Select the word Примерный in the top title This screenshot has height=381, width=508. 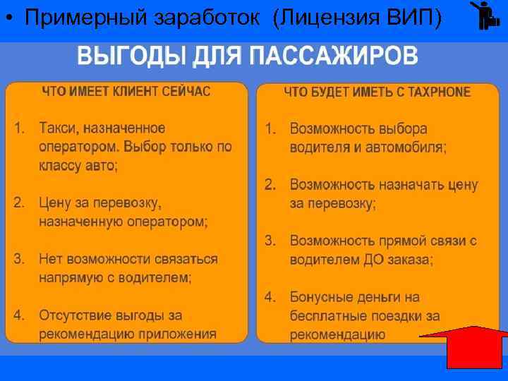(x=77, y=18)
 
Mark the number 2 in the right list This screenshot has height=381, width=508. (x=269, y=185)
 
